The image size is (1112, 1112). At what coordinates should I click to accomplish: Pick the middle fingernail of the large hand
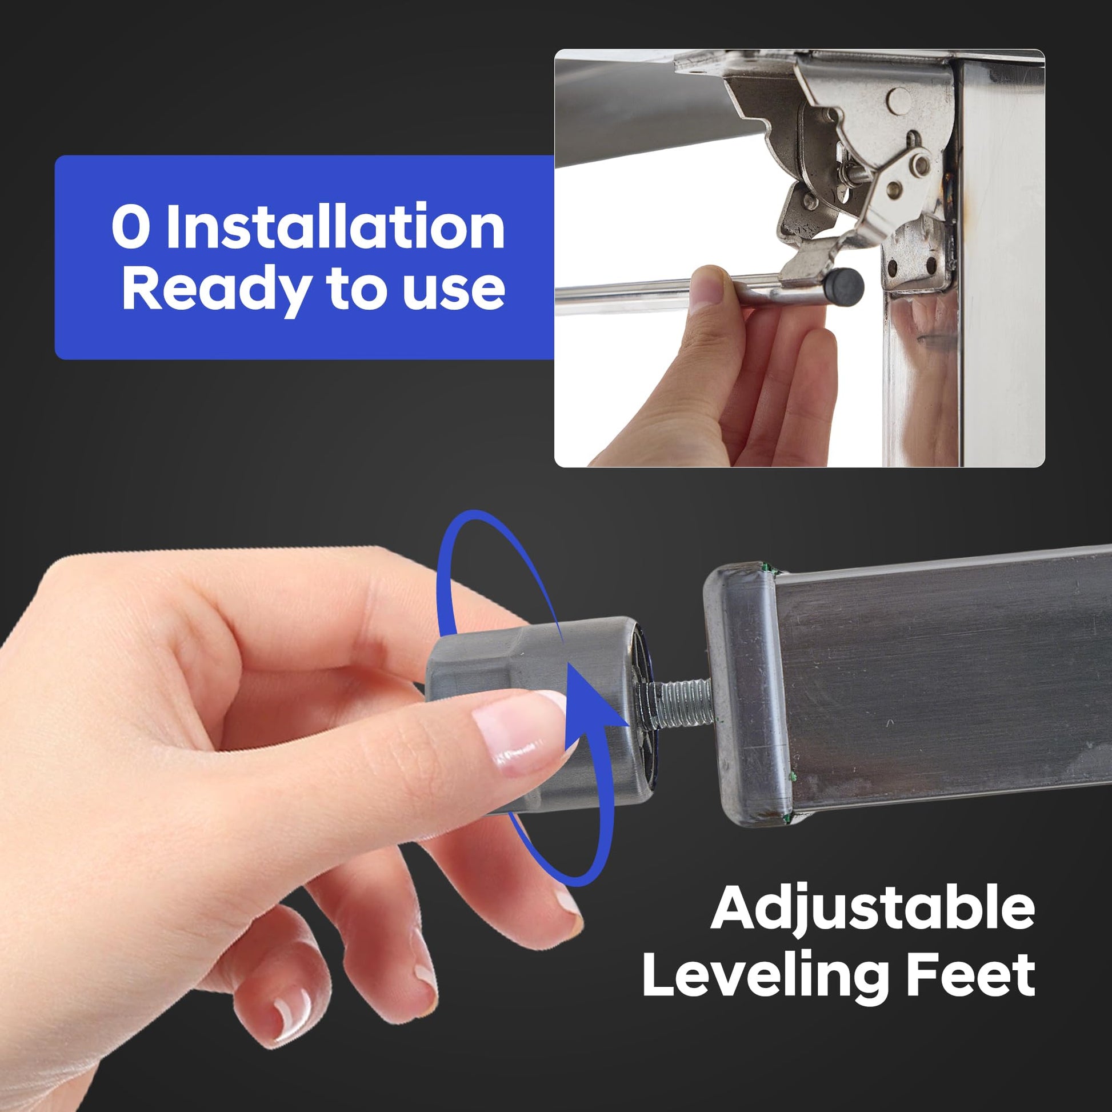click(567, 900)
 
